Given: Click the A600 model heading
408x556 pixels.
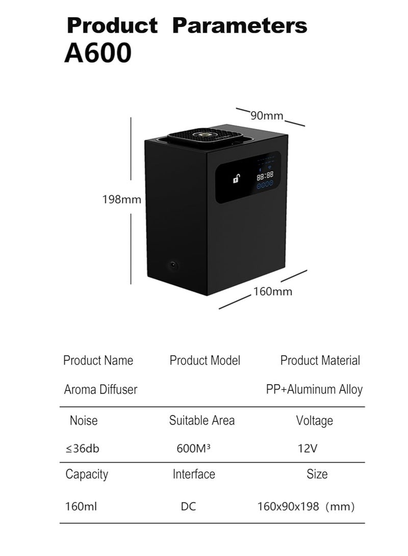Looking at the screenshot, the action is (98, 53).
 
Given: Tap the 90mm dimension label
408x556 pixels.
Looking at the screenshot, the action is (267, 116).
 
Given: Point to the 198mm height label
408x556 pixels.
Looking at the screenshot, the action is (122, 199).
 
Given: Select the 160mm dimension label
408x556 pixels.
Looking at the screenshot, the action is (272, 292).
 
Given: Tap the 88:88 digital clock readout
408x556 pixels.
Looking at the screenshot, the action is (265, 175).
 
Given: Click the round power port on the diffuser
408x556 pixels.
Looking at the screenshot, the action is (173, 265).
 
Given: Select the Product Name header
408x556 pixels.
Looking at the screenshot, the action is (98, 360).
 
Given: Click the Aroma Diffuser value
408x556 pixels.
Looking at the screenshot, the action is (100, 389).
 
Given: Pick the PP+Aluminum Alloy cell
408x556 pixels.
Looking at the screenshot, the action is (314, 389).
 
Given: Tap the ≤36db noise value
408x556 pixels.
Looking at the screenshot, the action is (83, 448).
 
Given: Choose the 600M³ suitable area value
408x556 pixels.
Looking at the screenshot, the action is (193, 448).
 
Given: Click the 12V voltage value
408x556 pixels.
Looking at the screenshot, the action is (307, 448).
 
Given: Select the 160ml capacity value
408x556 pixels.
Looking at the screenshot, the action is (81, 507).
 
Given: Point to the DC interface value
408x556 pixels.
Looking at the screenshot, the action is (188, 507).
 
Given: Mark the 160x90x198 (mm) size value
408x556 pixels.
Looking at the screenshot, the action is (306, 507).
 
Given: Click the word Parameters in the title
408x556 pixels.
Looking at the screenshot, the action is (240, 25).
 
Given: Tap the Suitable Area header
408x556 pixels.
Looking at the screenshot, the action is (202, 420).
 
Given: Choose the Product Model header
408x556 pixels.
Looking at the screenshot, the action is (205, 360).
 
